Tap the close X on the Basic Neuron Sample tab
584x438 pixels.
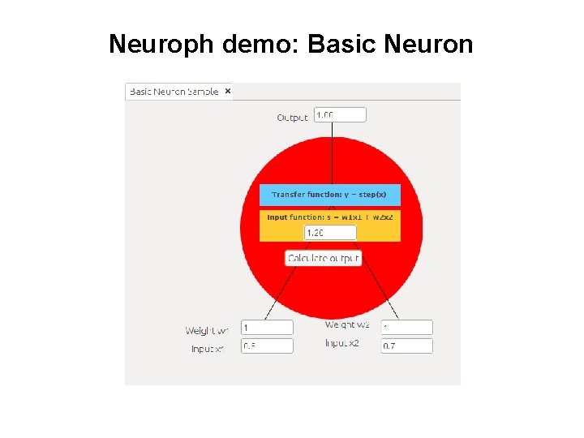coord(228,92)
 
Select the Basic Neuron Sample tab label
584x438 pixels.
coord(174,92)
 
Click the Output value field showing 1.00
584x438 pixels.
coord(340,115)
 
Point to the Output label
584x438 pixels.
coord(292,118)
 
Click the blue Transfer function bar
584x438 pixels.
coord(329,195)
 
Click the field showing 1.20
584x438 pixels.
coord(330,233)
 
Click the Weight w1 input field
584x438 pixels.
coord(267,328)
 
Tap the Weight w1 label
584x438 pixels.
coord(207,330)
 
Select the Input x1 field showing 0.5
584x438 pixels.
coord(267,346)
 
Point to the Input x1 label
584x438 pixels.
coord(207,349)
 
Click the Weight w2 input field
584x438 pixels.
coord(406,328)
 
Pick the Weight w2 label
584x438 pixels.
coord(347,324)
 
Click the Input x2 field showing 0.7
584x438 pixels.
coord(406,346)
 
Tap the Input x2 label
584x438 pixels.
coord(341,343)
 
